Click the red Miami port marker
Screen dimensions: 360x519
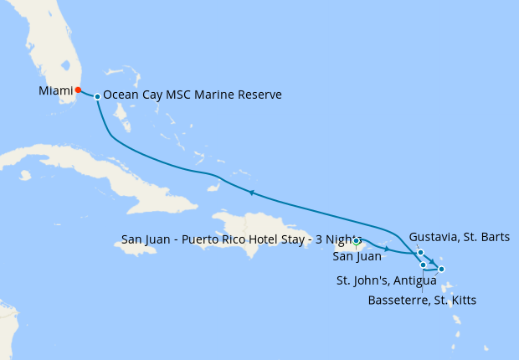pos(78,90)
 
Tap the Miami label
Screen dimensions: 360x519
pos(54,90)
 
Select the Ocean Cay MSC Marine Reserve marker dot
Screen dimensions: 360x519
pos(98,96)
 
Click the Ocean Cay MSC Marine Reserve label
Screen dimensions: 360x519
pos(192,95)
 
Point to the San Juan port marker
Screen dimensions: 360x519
pos(357,241)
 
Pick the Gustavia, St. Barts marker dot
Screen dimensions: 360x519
pos(419,252)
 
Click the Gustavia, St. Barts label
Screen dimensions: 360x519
pos(460,237)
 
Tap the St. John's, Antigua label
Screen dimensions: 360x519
pos(386,280)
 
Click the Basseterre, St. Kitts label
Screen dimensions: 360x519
pos(422,299)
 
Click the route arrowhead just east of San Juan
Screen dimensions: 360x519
pos(387,249)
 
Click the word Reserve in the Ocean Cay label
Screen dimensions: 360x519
pos(258,95)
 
